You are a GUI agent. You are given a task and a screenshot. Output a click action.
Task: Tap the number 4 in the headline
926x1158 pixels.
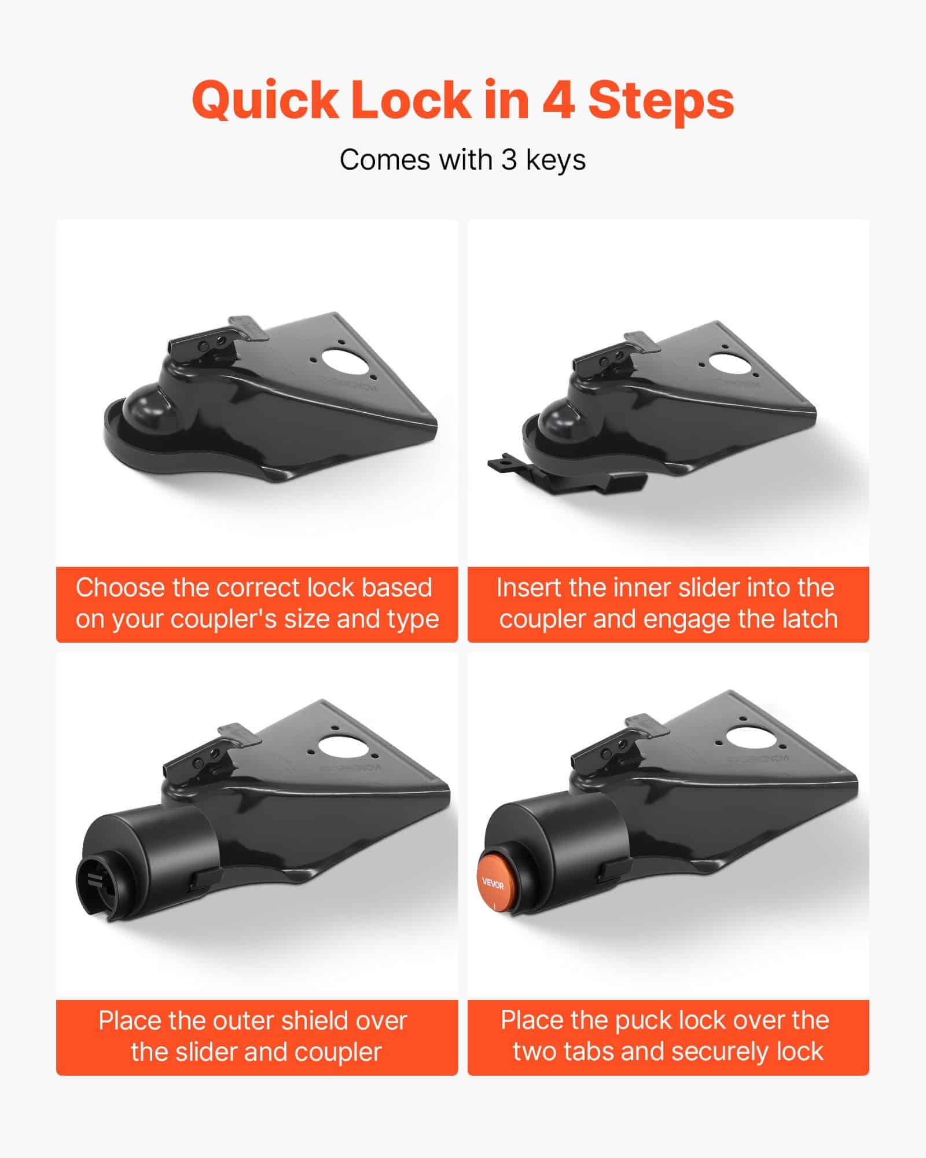point(558,101)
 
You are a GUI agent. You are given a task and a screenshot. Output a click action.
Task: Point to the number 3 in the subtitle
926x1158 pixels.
point(509,160)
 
